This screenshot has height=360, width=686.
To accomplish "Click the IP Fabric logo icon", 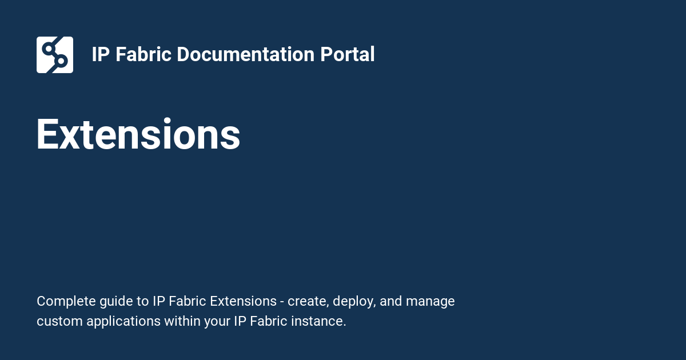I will pyautogui.click(x=55, y=55).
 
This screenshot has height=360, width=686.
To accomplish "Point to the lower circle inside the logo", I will pyautogui.click(x=62, y=61).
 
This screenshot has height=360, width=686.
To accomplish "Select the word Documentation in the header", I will pyautogui.click(x=245, y=55).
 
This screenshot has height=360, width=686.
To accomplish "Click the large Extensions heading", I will pyautogui.click(x=138, y=135).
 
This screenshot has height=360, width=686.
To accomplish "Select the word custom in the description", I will pyautogui.click(x=59, y=321).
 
